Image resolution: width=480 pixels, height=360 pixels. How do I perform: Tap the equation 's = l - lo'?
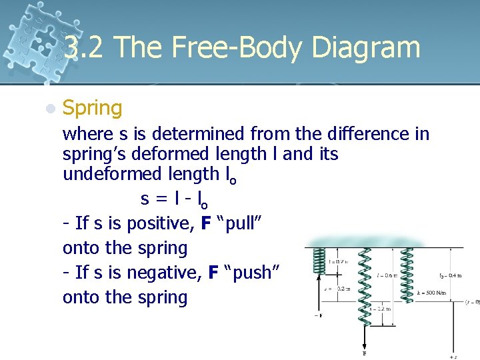(178, 199)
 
